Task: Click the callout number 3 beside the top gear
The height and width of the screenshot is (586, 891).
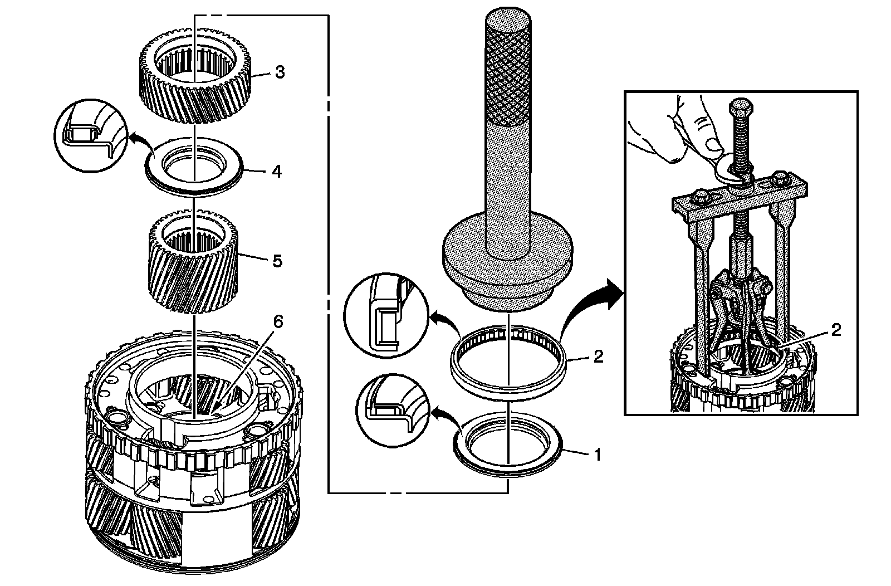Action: pos(280,72)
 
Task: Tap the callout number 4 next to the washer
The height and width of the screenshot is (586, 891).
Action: pos(276,171)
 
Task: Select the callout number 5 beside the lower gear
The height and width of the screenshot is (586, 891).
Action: pos(277,261)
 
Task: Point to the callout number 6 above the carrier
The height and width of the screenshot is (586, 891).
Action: pos(278,322)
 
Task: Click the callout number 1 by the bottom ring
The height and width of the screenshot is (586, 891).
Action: pos(598,455)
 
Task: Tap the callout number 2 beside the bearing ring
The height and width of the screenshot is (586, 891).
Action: pos(598,357)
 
